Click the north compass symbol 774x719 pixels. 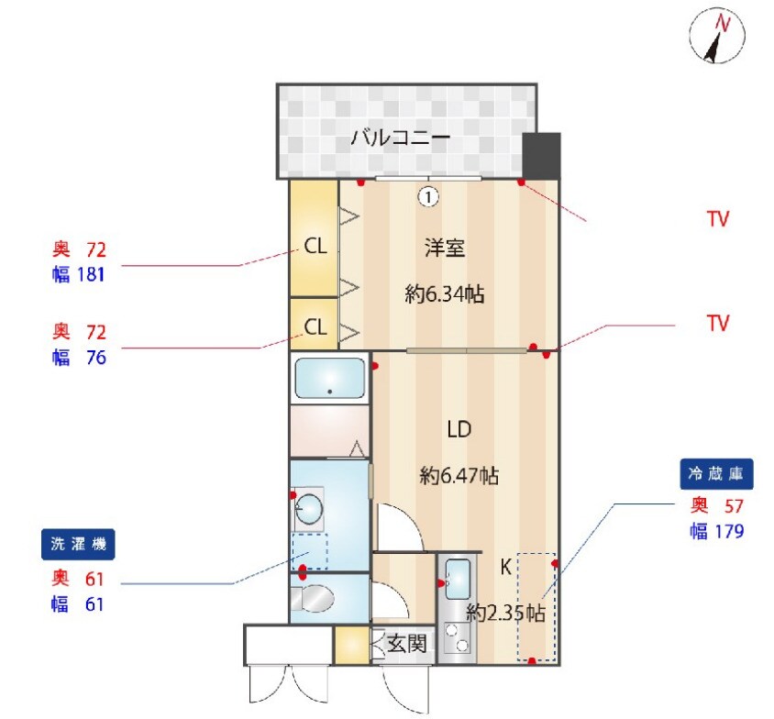(715, 37)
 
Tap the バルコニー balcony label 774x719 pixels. (400, 139)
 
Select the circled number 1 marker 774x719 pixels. (428, 195)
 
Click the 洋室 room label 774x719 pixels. (445, 247)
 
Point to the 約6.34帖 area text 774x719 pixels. (445, 294)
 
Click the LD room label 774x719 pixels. (459, 429)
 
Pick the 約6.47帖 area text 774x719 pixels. (459, 476)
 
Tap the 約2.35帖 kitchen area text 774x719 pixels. (505, 613)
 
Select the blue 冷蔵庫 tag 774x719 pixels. (718, 474)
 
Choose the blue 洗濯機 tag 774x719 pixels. (78, 544)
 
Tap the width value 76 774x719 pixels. (95, 358)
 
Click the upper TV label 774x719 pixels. (717, 219)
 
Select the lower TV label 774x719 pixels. (717, 323)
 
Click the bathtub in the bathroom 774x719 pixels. (329, 378)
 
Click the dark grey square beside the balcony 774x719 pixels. (541, 156)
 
